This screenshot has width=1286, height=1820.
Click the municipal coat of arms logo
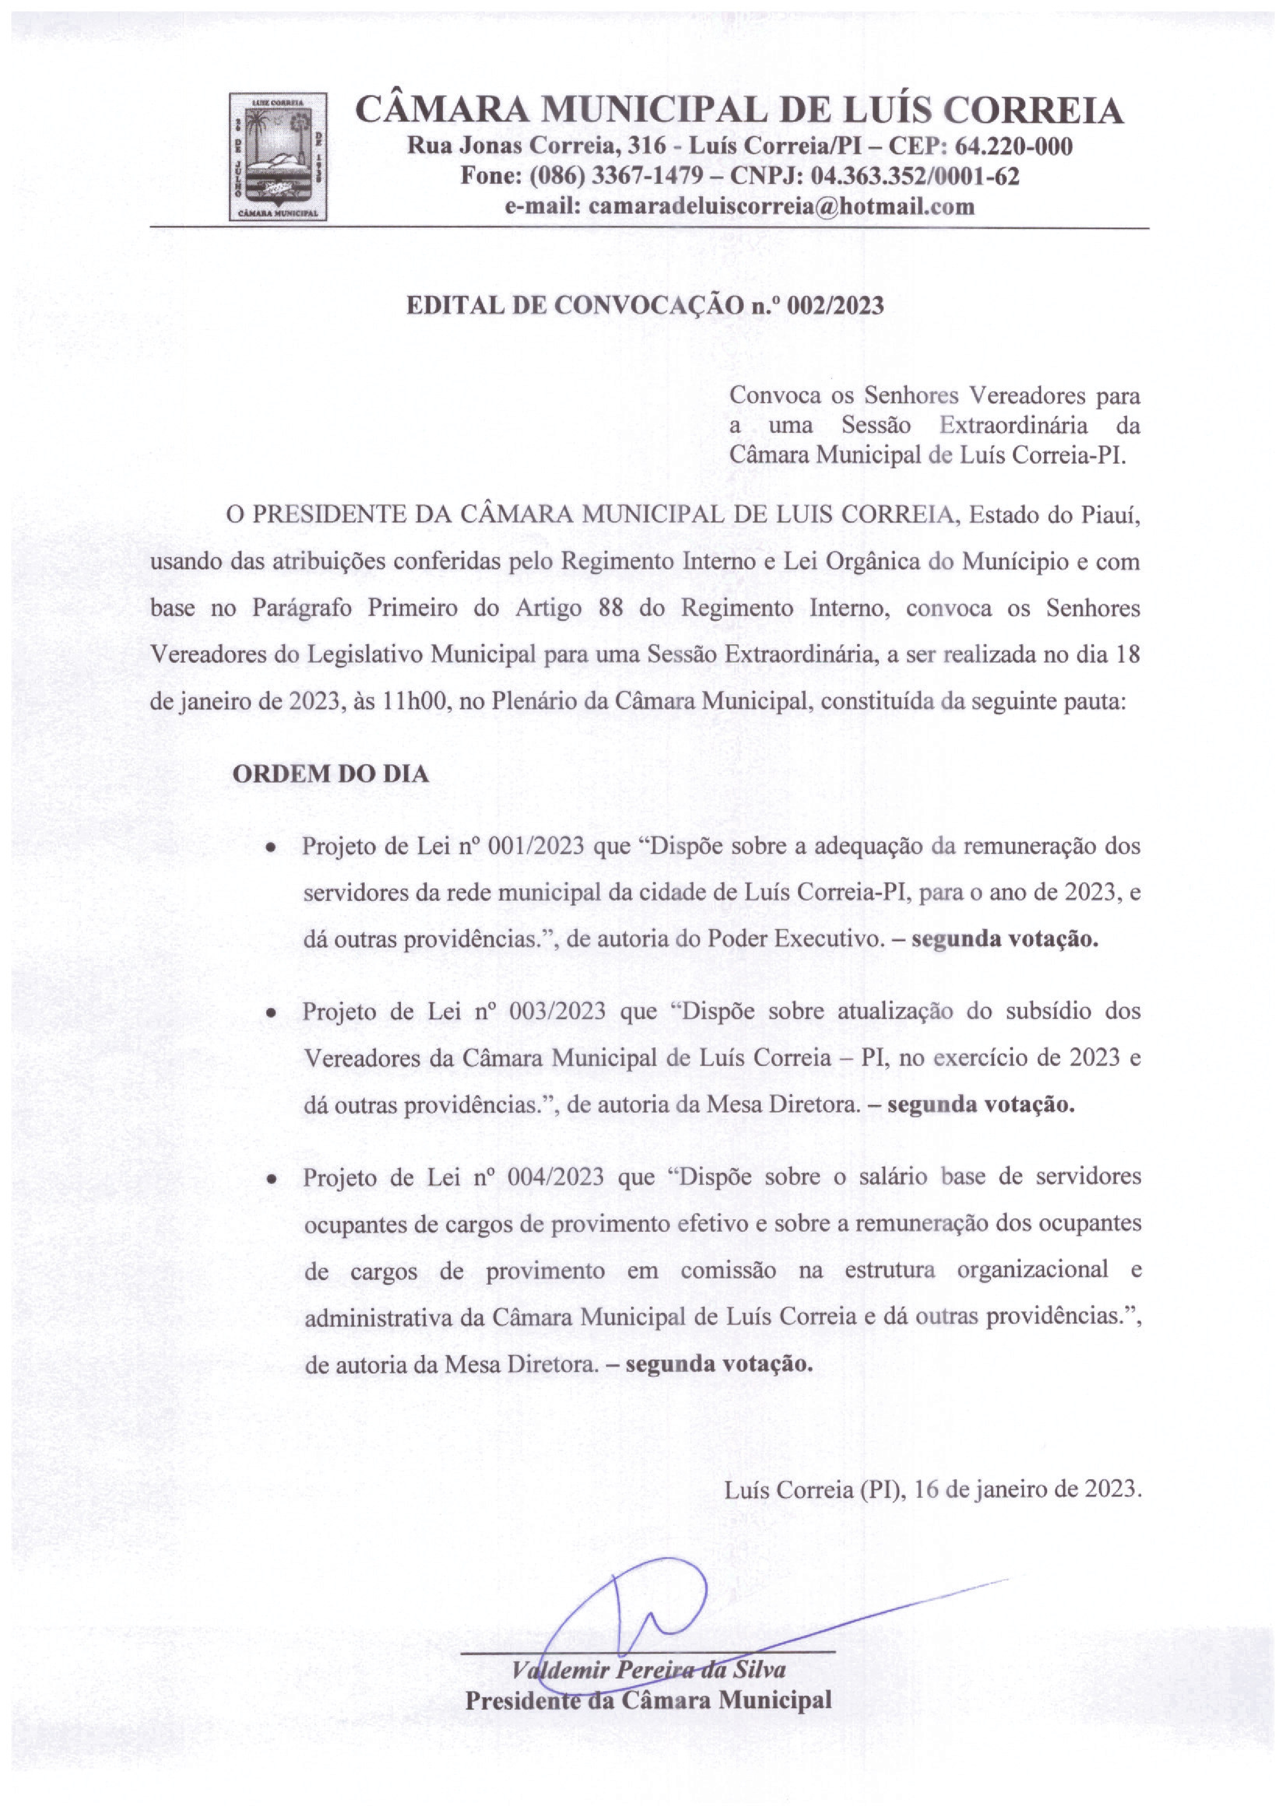(278, 156)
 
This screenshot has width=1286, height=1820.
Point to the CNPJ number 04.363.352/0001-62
(915, 176)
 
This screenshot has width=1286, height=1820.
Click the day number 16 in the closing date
(927, 1490)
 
